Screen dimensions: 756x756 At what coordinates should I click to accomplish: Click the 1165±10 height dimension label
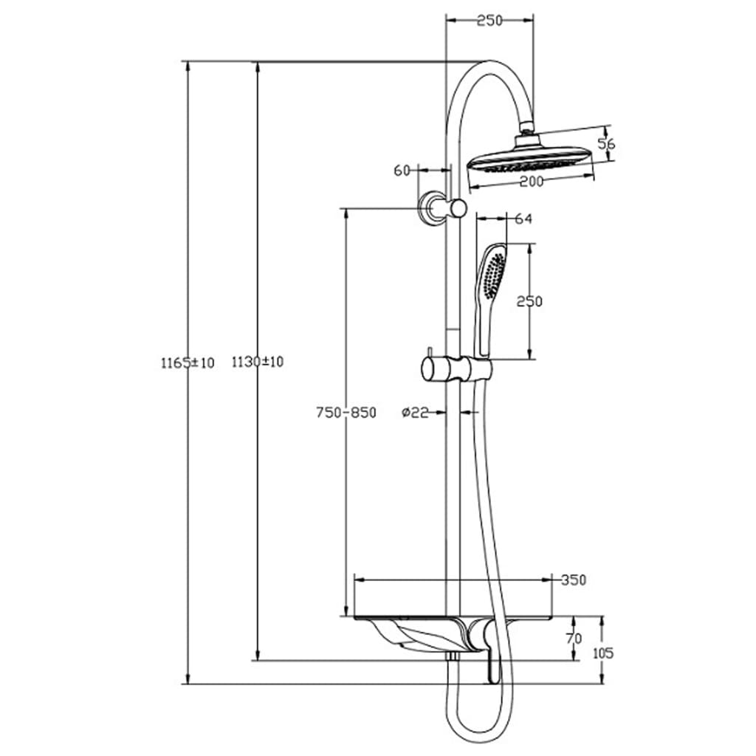[x=187, y=362]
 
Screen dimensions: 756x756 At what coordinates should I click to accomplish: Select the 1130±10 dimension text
[x=258, y=362]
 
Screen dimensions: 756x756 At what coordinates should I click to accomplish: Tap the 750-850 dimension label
[x=346, y=413]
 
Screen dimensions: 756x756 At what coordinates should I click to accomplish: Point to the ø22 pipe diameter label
[x=416, y=413]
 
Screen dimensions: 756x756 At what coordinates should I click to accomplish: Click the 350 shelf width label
[x=574, y=580]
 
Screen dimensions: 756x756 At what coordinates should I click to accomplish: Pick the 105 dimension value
[x=603, y=653]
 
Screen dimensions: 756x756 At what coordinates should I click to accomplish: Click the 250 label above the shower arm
[x=489, y=21]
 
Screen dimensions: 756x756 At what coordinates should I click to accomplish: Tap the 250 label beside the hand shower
[x=529, y=301]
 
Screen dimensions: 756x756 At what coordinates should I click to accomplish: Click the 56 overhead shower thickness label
[x=606, y=144]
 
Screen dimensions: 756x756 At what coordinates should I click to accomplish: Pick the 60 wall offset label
[x=402, y=171]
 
